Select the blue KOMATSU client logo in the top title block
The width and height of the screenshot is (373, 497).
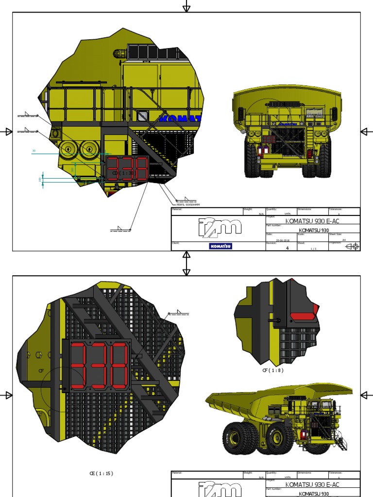click(x=220, y=246)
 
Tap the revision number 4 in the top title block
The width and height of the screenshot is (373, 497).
click(x=287, y=248)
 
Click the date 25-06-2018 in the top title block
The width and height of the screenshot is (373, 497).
click(x=282, y=240)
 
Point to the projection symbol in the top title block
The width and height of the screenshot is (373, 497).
click(x=352, y=247)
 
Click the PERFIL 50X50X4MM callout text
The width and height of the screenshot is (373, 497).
click(x=185, y=205)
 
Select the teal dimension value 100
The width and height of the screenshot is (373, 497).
click(x=40, y=180)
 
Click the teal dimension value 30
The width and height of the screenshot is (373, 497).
click(x=34, y=151)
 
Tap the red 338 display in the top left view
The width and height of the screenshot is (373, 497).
click(x=127, y=168)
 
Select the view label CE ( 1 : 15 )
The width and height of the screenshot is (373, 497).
click(x=101, y=473)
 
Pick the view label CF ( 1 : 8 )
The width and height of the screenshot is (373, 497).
click(x=272, y=370)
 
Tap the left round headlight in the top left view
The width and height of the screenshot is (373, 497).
click(x=68, y=149)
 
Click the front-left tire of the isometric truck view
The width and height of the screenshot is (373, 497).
click(x=237, y=438)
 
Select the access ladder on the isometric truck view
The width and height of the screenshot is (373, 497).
click(x=342, y=443)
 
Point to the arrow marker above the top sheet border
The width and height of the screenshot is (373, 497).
click(x=186, y=7)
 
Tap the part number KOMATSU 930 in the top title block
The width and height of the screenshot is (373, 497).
click(x=313, y=230)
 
